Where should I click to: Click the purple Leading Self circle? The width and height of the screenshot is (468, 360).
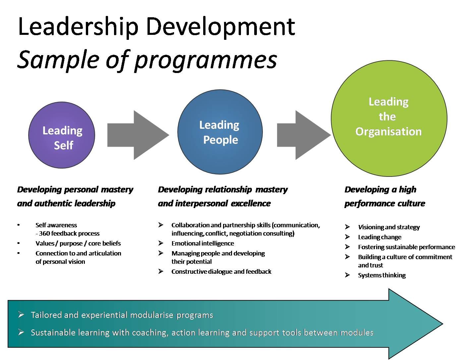(x=62, y=135)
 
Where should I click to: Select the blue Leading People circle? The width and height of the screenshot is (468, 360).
(x=220, y=132)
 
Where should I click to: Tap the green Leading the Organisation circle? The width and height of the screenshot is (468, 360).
(x=389, y=118)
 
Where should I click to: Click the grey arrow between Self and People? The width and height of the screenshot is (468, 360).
(x=138, y=135)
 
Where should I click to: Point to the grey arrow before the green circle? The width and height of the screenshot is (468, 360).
(x=304, y=135)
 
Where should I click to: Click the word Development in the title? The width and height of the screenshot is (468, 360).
(x=220, y=27)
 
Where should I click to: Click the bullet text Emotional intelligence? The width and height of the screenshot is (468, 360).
(x=203, y=244)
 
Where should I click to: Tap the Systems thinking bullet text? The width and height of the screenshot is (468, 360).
(x=381, y=275)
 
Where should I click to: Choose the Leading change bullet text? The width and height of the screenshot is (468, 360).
(x=380, y=237)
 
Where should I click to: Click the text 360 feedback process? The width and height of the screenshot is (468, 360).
(x=69, y=234)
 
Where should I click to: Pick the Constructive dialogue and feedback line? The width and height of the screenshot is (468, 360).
(x=221, y=272)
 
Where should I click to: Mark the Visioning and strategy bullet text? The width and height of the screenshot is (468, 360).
(x=389, y=227)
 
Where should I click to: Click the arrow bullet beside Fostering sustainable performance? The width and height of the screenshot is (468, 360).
(x=347, y=247)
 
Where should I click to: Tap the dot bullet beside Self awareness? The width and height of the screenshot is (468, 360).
(x=19, y=225)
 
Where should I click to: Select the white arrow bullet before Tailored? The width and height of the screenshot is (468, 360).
(x=21, y=315)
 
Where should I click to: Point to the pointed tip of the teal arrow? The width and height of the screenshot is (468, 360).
(x=443, y=324)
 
